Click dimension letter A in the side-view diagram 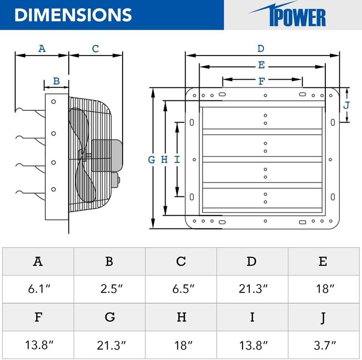click(42, 48)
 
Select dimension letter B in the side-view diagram click(56, 81)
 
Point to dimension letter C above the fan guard click(95, 48)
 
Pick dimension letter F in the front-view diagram click(261, 81)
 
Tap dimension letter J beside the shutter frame click(347, 105)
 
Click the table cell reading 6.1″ click(38, 289)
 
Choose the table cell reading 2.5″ click(110, 289)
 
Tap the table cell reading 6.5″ click(181, 289)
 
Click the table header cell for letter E click(323, 261)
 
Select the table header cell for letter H click(181, 317)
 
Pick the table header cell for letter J click(323, 317)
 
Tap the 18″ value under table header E click(323, 289)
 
